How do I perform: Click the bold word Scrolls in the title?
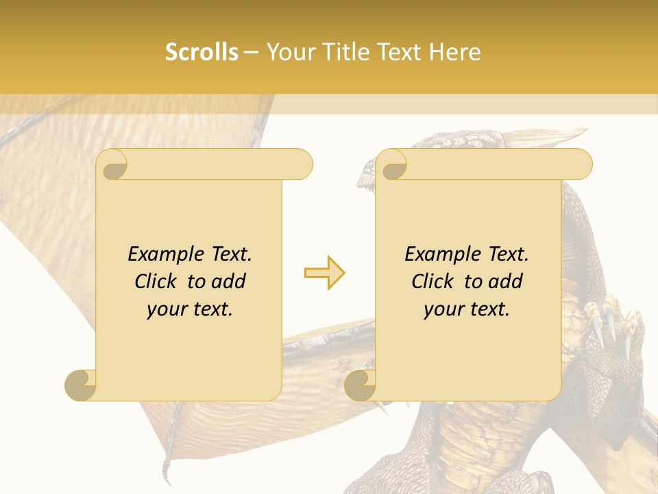pos(202,52)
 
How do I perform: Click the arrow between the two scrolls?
pos(324,273)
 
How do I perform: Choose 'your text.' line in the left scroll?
pos(190,309)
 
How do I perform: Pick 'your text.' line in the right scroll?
pos(467,309)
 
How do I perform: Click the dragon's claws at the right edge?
pos(612,329)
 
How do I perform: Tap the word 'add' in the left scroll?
pos(229,281)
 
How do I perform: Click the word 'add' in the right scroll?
pos(506,281)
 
